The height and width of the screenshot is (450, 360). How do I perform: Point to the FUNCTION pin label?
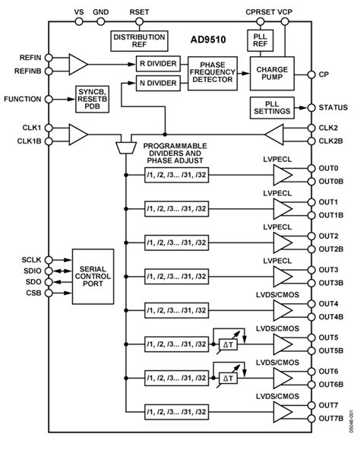coord(23,99)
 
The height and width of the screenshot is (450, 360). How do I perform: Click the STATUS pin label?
coord(333,109)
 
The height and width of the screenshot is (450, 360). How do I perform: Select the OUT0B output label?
coord(333,182)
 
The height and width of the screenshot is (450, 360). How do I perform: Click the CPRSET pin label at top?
coord(260,12)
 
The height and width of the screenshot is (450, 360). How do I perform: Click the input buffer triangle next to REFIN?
coord(77,64)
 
